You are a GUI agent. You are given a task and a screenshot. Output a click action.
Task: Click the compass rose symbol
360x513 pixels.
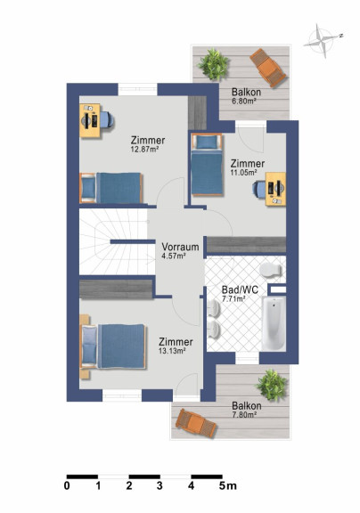pyautogui.click(x=323, y=41)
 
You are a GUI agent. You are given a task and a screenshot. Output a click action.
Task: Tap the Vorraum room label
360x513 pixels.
pyautogui.click(x=180, y=247)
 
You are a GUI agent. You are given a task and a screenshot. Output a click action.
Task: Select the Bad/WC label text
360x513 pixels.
pyautogui.click(x=240, y=289)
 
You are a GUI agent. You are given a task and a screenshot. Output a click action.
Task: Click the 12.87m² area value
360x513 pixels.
pyautogui.click(x=144, y=150)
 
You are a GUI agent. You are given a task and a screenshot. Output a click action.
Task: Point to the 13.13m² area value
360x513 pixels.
pyautogui.click(x=173, y=351)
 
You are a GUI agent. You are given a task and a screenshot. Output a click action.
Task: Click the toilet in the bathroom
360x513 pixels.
pyautogui.click(x=270, y=270)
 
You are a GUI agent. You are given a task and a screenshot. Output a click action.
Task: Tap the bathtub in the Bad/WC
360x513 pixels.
pyautogui.click(x=274, y=323)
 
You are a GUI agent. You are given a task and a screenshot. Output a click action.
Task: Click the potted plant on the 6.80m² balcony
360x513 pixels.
pyautogui.click(x=213, y=64)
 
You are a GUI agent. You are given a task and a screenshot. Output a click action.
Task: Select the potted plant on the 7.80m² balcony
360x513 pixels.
pyautogui.click(x=272, y=385)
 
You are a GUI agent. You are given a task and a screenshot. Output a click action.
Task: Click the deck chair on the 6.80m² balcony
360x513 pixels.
pyautogui.click(x=268, y=68)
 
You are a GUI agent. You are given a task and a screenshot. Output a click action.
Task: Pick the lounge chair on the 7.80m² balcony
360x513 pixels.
pyautogui.click(x=196, y=423)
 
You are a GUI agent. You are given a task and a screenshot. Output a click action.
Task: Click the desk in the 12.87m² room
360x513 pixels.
pyautogui.click(x=90, y=121)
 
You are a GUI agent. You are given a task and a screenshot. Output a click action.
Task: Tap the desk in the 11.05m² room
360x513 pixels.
pyautogui.click(x=275, y=189)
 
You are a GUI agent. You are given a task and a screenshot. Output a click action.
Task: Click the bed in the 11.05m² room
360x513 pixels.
pyautogui.click(x=207, y=165)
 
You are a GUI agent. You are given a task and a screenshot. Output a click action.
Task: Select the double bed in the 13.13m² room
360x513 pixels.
pyautogui.click(x=112, y=346)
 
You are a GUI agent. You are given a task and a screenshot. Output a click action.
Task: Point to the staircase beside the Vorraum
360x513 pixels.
pyautogui.click(x=117, y=241)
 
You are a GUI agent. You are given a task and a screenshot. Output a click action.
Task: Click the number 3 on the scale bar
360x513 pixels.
pyautogui.click(x=160, y=486)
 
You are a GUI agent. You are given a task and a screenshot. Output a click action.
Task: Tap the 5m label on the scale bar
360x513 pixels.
pyautogui.click(x=228, y=486)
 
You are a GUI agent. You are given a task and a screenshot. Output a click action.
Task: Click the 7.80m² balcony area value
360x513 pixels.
pyautogui.click(x=244, y=414)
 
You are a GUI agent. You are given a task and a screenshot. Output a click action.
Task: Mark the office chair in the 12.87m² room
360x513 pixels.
pyautogui.click(x=107, y=119)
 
